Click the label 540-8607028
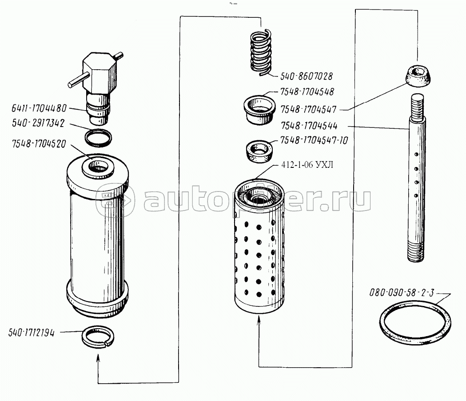click(x=306, y=76)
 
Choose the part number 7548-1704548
click(x=307, y=92)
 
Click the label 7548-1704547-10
click(x=314, y=141)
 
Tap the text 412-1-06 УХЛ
click(x=307, y=165)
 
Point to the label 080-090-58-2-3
click(x=402, y=293)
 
